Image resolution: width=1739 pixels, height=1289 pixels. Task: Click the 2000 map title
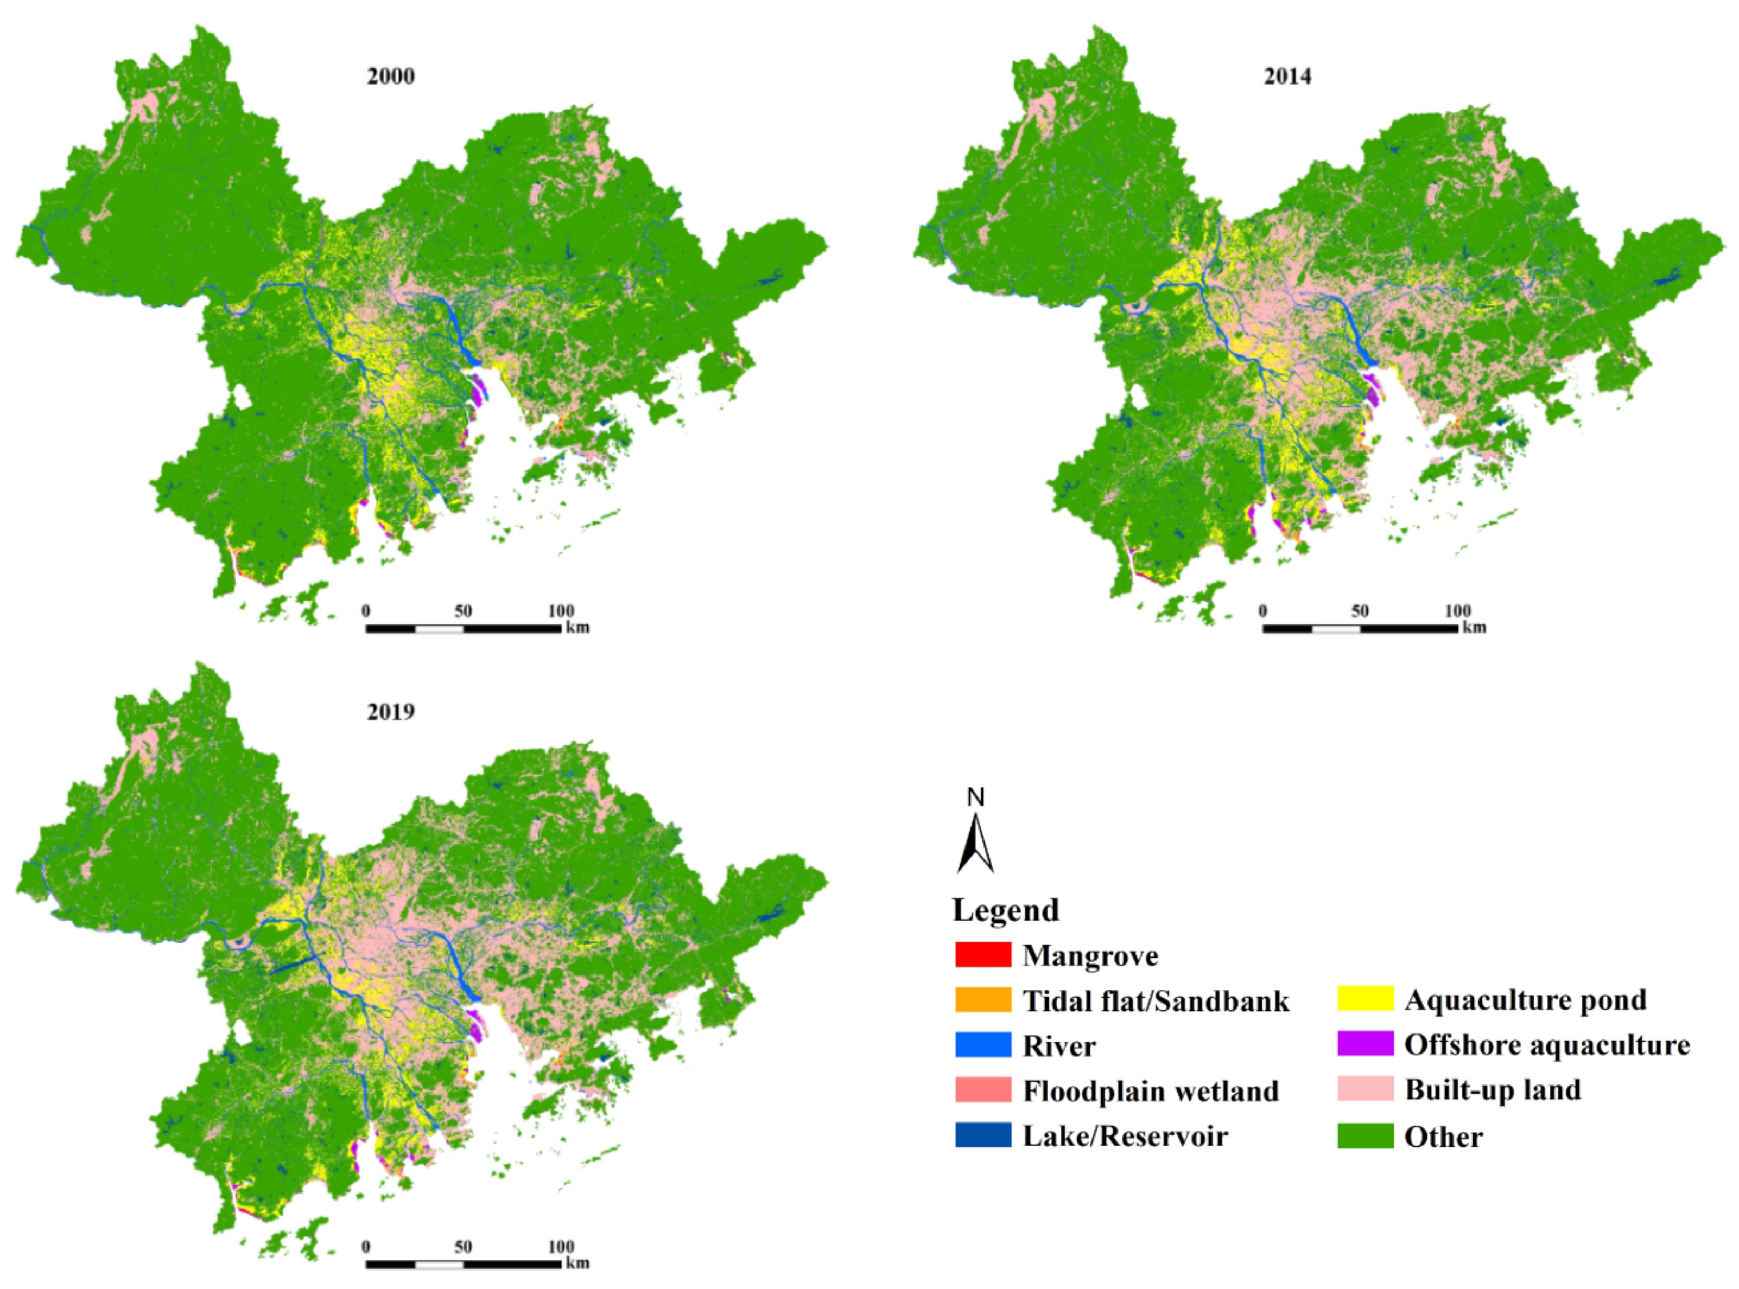pos(390,76)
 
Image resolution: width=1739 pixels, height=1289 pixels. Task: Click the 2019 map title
pos(390,712)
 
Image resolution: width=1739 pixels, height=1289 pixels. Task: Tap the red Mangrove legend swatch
pos(983,954)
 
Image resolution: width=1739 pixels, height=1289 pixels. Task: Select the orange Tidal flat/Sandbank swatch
pos(983,999)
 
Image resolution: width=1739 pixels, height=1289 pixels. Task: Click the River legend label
pos(1059,1045)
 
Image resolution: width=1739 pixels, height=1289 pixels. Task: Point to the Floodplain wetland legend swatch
pos(983,1090)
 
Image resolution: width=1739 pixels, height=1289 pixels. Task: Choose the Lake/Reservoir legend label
pos(1125,1136)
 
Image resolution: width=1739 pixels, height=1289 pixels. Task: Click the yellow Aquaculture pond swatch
pos(1365,999)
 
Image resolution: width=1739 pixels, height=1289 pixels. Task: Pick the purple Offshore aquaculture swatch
pos(1365,1044)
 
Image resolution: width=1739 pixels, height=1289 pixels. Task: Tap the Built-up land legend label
pos(1493,1089)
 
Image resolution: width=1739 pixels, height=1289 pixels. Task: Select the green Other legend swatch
pos(1365,1136)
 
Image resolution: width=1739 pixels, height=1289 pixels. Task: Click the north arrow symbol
pos(976,844)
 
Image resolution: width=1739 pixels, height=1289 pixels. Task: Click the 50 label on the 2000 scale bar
pos(463,611)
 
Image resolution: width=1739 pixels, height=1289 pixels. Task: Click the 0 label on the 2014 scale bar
pos(1263,611)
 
